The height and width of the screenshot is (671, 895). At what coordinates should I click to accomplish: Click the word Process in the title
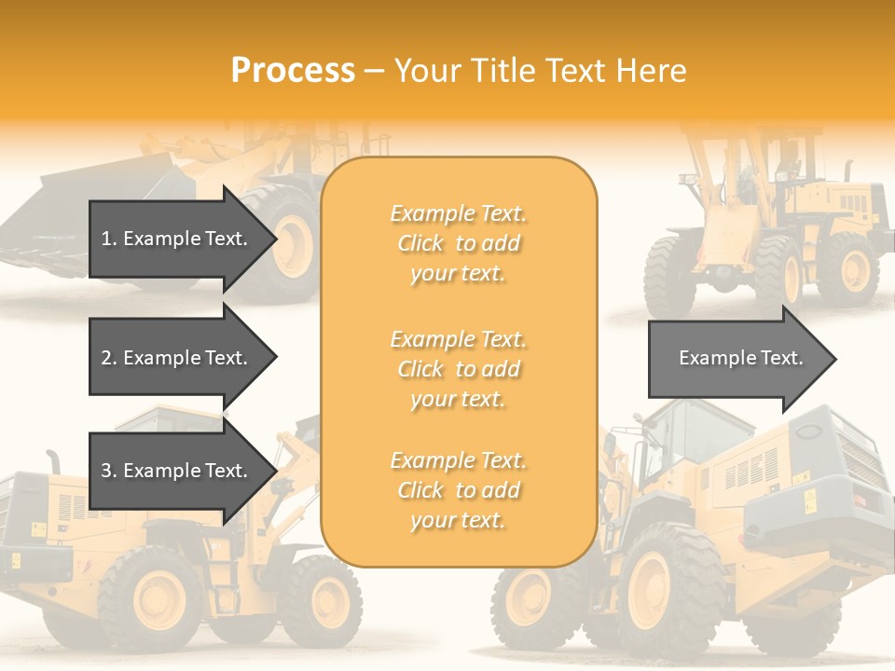[x=293, y=71]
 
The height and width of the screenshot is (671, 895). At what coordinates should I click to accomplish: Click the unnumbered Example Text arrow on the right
[x=737, y=358]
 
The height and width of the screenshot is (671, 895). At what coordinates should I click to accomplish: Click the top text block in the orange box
[x=458, y=243]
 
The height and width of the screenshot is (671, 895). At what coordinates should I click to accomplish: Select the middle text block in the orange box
[x=458, y=369]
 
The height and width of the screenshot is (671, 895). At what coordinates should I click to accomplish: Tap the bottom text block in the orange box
[x=458, y=490]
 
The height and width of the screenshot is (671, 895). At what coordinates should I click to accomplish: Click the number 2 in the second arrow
[x=105, y=358]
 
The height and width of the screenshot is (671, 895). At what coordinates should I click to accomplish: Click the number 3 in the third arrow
[x=105, y=471]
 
